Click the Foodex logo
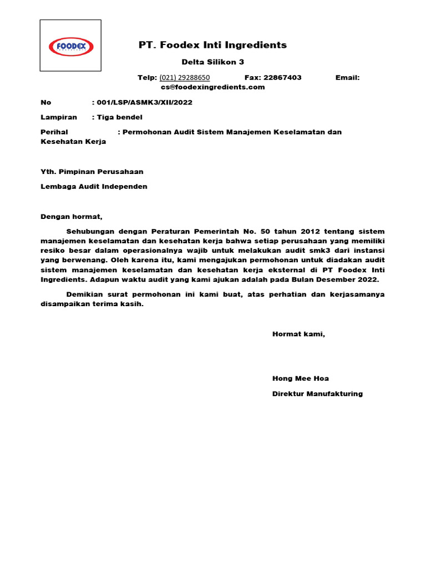click(x=70, y=46)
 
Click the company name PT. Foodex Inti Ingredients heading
click(x=212, y=45)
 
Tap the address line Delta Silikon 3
click(x=212, y=62)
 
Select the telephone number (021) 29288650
click(x=184, y=78)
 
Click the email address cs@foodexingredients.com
click(x=213, y=87)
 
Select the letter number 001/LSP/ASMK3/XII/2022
click(x=145, y=103)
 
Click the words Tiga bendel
click(x=119, y=117)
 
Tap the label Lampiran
click(x=59, y=117)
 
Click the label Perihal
click(x=54, y=132)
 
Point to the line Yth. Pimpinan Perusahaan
click(x=92, y=172)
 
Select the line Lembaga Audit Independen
click(x=94, y=187)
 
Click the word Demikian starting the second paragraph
click(x=84, y=294)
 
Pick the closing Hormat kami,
click(x=298, y=334)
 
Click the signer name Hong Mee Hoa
click(x=300, y=378)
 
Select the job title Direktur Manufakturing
click(x=317, y=393)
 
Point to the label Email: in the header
click(x=347, y=78)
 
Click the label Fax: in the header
click(x=253, y=78)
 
